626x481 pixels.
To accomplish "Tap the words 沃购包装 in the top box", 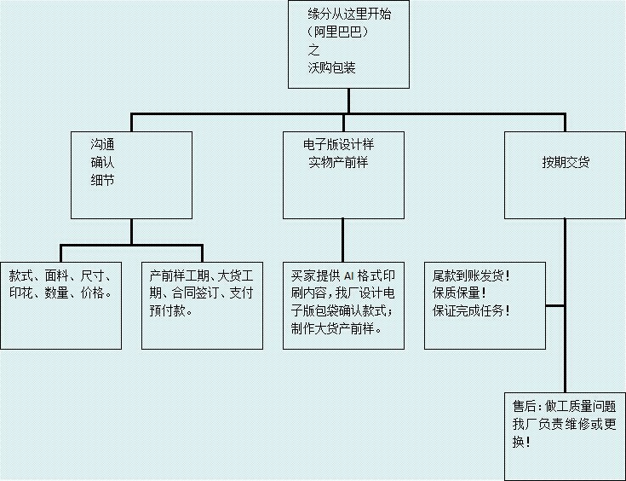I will pyautogui.click(x=331, y=67).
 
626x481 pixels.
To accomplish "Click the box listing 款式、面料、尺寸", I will pyautogui.click(x=60, y=303).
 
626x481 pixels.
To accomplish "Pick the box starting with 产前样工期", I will pyautogui.click(x=202, y=303).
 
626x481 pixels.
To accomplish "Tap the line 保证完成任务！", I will pyautogui.click(x=472, y=310).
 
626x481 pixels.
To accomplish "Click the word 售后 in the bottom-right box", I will pyautogui.click(x=524, y=406).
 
